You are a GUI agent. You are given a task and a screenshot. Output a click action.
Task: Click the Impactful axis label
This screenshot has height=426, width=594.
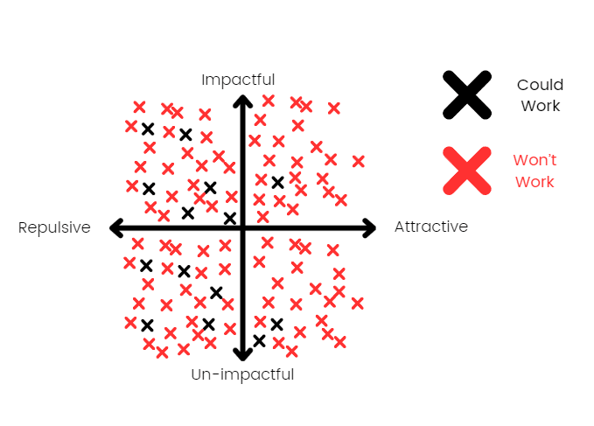point(238,80)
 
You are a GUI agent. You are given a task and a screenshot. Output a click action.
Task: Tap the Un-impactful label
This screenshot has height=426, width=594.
point(242,375)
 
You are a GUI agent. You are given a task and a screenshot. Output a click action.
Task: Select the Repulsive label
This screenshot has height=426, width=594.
point(54,227)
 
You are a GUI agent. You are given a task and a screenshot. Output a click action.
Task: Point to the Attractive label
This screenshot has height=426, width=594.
point(431,227)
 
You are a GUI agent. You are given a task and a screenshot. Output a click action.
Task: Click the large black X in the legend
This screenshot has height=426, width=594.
point(466,94)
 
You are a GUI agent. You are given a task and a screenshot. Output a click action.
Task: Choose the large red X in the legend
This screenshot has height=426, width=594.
point(466,170)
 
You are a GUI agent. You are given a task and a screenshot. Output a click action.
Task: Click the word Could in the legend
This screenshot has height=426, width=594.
point(540,85)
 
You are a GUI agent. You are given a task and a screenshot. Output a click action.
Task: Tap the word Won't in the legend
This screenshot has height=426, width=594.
point(535,160)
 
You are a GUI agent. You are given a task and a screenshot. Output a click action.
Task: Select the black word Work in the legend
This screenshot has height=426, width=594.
point(540,106)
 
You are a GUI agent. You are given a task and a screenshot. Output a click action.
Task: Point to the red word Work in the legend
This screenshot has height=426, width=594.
point(535,182)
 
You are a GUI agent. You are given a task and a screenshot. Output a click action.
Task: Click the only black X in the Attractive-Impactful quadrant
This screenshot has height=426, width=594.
point(277,182)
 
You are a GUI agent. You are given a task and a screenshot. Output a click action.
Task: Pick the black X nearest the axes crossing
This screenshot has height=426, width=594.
point(230,218)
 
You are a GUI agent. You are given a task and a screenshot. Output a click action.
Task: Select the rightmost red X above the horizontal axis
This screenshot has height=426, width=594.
point(358,161)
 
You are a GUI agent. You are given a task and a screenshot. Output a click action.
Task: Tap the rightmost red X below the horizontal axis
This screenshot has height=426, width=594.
point(357,303)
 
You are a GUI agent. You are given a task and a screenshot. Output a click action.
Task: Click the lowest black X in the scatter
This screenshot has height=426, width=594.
point(259,340)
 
